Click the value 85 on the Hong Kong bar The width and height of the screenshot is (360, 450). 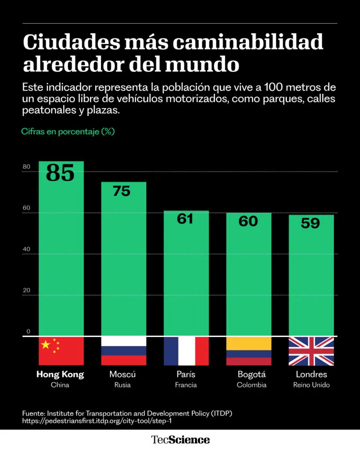(x=60, y=173)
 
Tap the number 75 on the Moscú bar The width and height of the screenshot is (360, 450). (x=121, y=191)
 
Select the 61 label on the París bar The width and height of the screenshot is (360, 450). (x=185, y=218)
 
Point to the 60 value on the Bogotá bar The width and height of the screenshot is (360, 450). (x=248, y=221)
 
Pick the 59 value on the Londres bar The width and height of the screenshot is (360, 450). (x=310, y=223)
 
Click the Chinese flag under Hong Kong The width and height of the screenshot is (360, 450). (x=61, y=351)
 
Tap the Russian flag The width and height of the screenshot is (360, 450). (x=124, y=351)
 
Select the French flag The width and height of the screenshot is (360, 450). (x=186, y=351)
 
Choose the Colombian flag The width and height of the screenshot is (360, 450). (x=248, y=351)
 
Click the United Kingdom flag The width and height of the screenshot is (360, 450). (x=311, y=351)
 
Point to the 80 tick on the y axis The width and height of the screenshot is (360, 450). (x=27, y=167)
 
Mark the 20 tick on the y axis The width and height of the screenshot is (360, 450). (x=27, y=290)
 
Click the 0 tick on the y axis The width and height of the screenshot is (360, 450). (x=28, y=331)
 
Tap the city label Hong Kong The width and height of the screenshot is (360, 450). (x=60, y=375)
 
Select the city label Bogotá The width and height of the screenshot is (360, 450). (x=252, y=375)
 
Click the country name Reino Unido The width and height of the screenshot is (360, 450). (x=311, y=385)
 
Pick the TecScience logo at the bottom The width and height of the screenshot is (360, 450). (x=181, y=439)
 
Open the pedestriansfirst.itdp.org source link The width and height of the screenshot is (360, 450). (x=96, y=421)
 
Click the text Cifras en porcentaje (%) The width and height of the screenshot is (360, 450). (x=68, y=131)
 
